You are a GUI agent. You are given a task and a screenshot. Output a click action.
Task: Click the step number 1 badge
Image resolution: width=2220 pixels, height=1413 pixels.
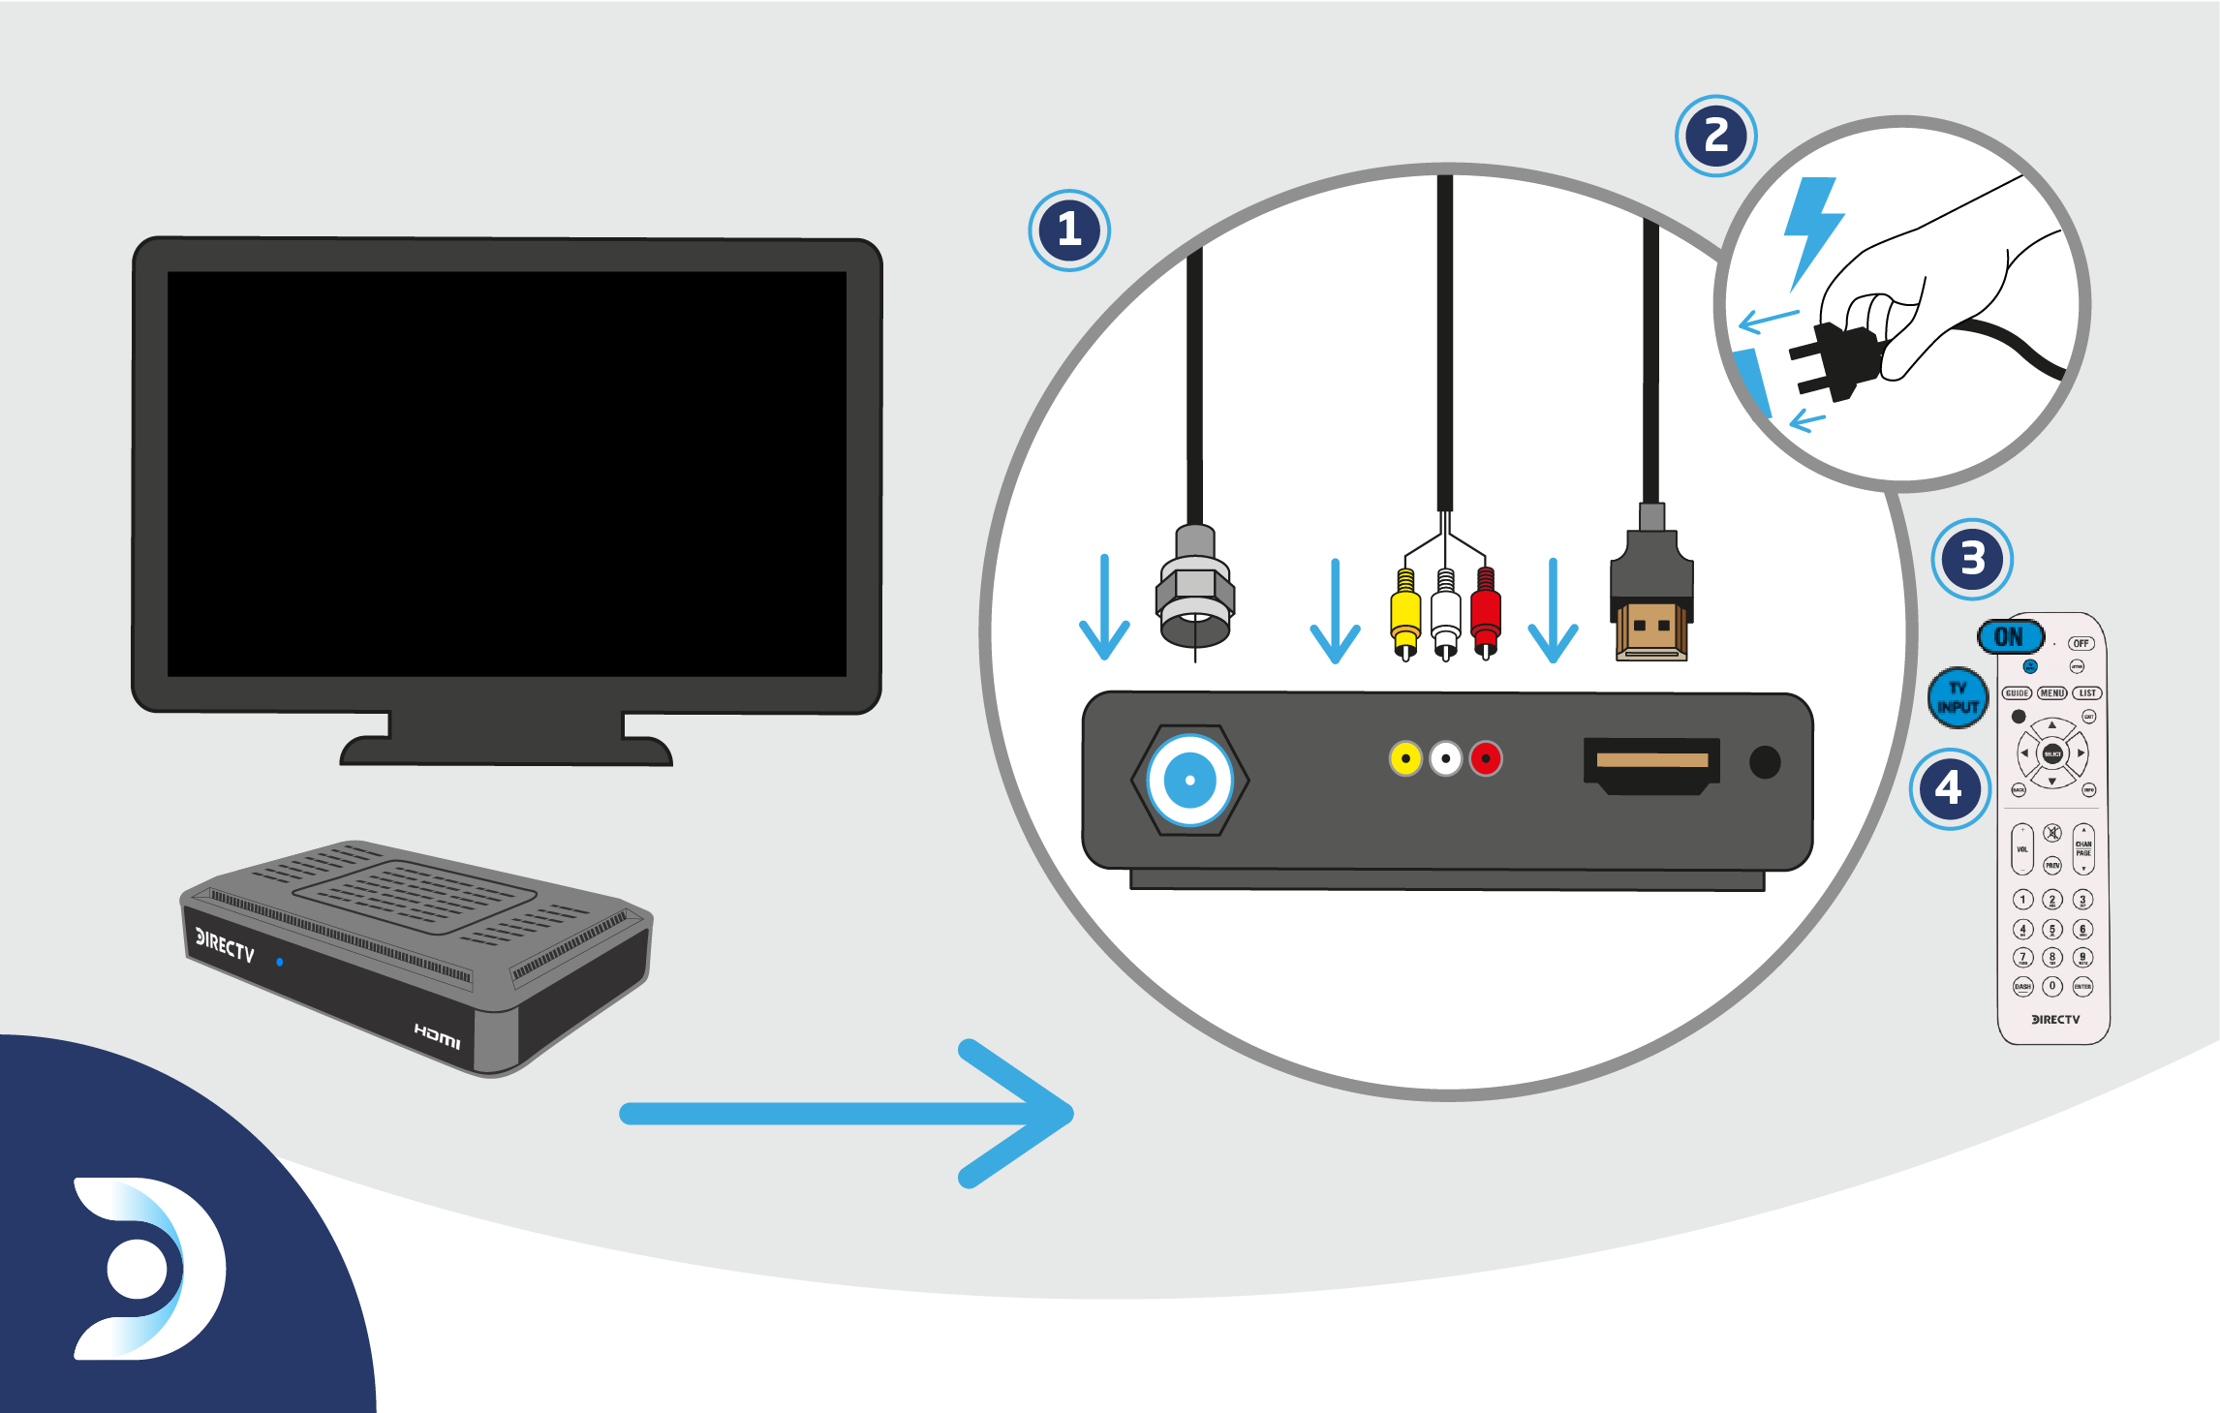pyautogui.click(x=1069, y=230)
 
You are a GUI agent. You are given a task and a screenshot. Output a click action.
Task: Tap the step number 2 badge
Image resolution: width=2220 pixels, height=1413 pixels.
pyautogui.click(x=1715, y=136)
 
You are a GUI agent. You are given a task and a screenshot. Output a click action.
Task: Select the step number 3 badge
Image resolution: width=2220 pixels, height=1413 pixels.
pyautogui.click(x=1972, y=559)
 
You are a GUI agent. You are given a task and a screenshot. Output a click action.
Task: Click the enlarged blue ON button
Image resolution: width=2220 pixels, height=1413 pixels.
pyautogui.click(x=2010, y=637)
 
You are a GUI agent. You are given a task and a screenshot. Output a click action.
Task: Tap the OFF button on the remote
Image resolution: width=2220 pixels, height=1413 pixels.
pyautogui.click(x=2081, y=643)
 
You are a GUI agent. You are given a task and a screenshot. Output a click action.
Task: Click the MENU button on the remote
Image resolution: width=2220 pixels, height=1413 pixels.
pyautogui.click(x=2051, y=693)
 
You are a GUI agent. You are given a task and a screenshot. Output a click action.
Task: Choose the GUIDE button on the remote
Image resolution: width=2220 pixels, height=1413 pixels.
pyautogui.click(x=2017, y=693)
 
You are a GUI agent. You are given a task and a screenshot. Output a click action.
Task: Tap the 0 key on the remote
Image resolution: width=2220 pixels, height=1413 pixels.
pyautogui.click(x=2051, y=986)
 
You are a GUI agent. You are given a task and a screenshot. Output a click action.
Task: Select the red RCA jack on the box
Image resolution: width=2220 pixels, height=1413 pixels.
pyautogui.click(x=1486, y=758)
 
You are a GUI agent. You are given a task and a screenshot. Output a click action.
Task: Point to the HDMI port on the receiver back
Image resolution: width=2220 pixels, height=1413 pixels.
pyautogui.click(x=1651, y=765)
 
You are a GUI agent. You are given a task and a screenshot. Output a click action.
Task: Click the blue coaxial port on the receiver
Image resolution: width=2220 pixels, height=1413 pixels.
pyautogui.click(x=1189, y=781)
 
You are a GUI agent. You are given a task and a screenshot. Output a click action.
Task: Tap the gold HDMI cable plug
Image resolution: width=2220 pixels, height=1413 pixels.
pyautogui.click(x=1651, y=630)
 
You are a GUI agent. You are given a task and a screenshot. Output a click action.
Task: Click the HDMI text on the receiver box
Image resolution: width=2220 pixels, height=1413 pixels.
pyautogui.click(x=438, y=1036)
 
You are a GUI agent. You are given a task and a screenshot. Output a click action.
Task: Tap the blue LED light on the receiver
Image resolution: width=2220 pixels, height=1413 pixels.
pyautogui.click(x=280, y=962)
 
